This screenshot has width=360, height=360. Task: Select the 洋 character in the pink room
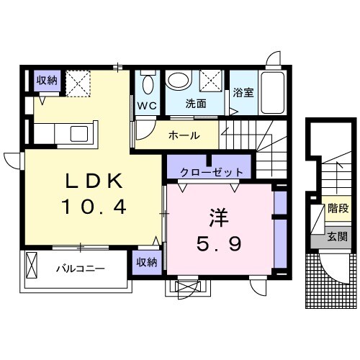click(218, 216)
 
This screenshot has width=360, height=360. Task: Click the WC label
click(147, 105)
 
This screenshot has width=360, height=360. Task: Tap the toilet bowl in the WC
click(148, 84)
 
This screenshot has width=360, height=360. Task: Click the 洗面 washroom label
click(196, 103)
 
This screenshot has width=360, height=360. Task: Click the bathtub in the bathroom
click(274, 93)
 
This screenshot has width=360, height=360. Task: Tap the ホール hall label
click(184, 135)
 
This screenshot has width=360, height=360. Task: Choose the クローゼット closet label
click(206, 171)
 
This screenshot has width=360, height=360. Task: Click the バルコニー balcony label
click(81, 269)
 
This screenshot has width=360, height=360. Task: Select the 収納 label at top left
click(48, 79)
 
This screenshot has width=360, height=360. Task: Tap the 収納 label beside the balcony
click(146, 263)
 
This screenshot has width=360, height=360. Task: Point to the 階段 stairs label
click(338, 210)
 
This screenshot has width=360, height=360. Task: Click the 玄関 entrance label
click(337, 236)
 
